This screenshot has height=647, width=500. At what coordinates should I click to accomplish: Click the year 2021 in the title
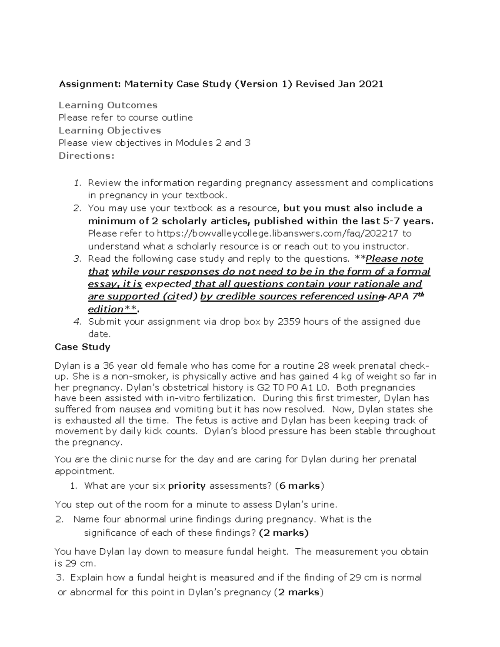[x=371, y=84]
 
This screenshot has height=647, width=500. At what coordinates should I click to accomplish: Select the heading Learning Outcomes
[x=108, y=105]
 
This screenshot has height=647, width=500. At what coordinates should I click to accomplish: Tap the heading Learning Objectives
[x=110, y=130]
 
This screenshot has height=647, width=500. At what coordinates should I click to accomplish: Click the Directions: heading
[x=86, y=156]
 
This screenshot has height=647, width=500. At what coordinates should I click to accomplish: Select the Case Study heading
[x=82, y=347]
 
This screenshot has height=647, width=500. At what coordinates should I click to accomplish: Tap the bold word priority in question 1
[x=187, y=486]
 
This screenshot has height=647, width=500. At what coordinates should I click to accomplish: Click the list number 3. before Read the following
[x=77, y=259]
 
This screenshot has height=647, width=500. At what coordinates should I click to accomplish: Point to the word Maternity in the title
[x=149, y=84]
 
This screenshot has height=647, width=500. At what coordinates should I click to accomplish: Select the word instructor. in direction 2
[x=387, y=246]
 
